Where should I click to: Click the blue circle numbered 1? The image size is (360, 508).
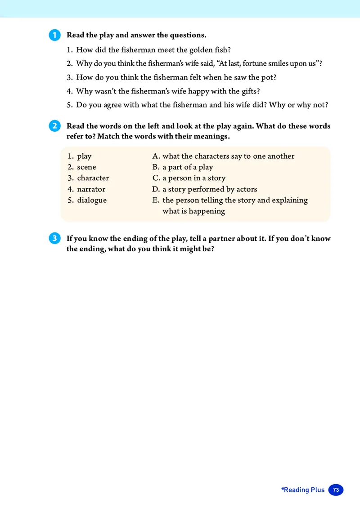(x=54, y=35)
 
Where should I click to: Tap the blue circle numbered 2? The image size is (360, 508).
(x=54, y=126)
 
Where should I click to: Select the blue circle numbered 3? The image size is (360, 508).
(x=54, y=239)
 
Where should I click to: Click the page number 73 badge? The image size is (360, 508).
(x=336, y=490)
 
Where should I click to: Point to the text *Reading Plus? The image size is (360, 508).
(x=302, y=490)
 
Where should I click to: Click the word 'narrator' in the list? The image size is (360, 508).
(x=91, y=189)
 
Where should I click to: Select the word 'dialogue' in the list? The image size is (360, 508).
(x=92, y=200)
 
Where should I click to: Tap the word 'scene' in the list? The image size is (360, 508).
(x=86, y=167)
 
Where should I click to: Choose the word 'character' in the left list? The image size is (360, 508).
(x=93, y=178)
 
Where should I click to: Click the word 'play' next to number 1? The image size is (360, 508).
(x=84, y=156)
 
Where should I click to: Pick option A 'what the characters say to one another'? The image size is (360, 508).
(x=228, y=156)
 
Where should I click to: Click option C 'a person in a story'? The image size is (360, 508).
(x=193, y=178)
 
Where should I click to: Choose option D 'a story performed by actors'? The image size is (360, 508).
(x=209, y=189)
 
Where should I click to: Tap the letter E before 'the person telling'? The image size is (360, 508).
(x=156, y=200)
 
